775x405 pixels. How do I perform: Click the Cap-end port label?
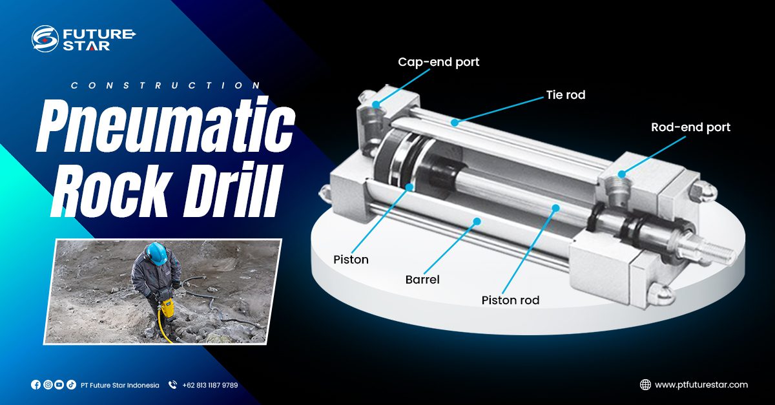439,62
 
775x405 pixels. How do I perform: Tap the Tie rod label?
566,95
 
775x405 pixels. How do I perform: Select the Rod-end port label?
690,127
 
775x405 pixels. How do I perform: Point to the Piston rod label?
510,300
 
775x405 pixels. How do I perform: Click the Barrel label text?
422,280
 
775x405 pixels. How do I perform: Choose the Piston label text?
351,260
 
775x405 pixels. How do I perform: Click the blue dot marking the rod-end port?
622,174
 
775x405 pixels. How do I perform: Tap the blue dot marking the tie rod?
455,122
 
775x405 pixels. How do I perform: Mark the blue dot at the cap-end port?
376,105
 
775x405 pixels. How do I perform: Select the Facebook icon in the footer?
36,385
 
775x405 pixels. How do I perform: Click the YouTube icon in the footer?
59,385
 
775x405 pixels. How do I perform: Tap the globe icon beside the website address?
645,384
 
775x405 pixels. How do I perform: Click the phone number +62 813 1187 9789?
210,385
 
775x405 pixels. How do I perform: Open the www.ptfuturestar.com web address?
701,385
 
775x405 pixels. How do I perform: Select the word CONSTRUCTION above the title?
166,85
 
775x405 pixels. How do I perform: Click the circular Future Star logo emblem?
45,38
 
